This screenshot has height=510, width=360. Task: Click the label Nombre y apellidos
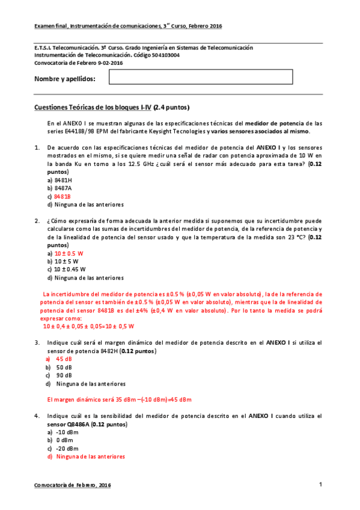tap(65, 79)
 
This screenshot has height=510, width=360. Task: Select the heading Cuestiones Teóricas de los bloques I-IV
tap(112, 108)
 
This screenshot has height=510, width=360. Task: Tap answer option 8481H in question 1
tap(63, 180)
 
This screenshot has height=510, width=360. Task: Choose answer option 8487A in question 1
tap(63, 188)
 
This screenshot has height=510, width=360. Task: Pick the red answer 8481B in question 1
tap(63, 196)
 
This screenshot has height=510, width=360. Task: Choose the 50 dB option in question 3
tap(64, 367)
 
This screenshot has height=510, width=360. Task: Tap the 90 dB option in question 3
tap(64, 375)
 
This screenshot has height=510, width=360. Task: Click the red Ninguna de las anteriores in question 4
tap(90, 456)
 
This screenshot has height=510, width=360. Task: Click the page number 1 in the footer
tap(321, 485)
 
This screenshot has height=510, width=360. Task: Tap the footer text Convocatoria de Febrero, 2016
tap(72, 485)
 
